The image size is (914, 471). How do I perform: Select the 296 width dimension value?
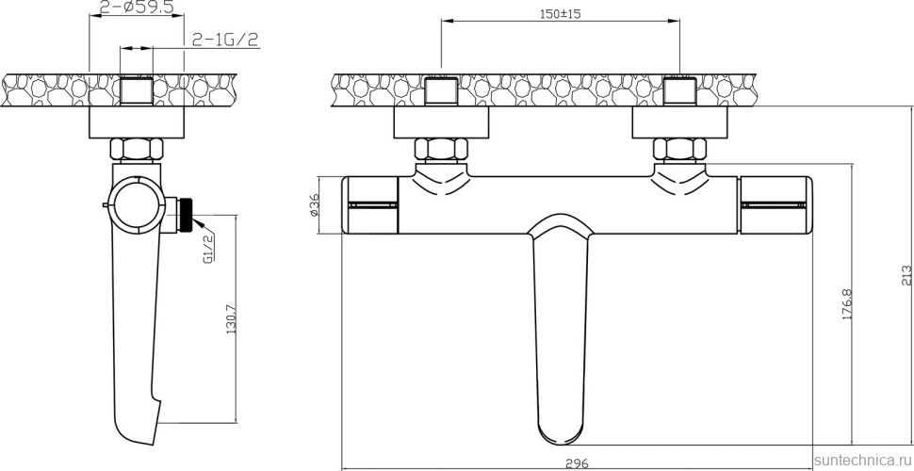click(578, 463)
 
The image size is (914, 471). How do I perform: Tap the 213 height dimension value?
click(906, 274)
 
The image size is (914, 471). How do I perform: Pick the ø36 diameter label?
click(314, 204)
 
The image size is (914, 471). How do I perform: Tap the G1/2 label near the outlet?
click(208, 250)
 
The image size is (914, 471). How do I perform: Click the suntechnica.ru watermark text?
click(860, 459)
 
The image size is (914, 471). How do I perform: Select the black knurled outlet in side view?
click(190, 214)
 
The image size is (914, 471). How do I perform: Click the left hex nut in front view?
click(441, 150)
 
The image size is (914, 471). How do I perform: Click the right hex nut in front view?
click(679, 150)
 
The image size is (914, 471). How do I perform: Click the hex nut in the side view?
click(136, 150)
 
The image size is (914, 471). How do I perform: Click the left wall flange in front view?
click(441, 123)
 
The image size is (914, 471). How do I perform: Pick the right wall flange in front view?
click(679, 123)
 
